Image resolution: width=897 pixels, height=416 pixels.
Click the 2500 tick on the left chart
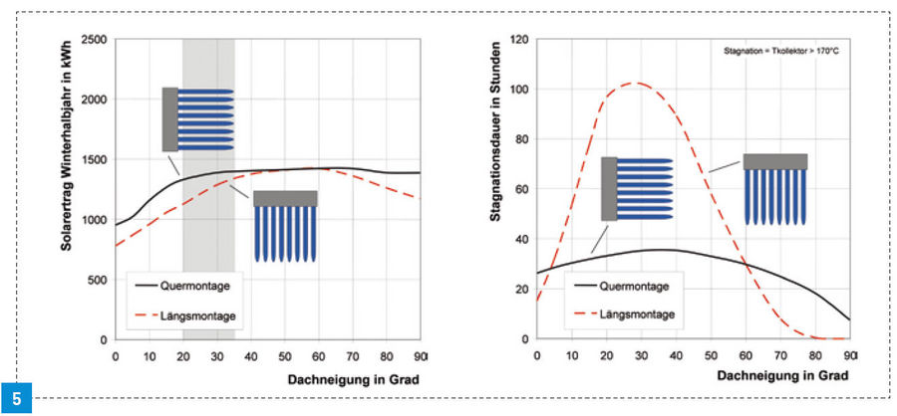[95, 40]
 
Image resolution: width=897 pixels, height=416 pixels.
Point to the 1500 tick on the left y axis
[95, 160]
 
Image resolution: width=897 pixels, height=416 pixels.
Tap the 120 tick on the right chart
[517, 40]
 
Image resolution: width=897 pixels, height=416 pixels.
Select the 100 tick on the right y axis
[517, 90]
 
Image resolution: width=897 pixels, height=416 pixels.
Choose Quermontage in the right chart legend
[635, 287]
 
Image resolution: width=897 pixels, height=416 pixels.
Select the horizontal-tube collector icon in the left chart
[197, 119]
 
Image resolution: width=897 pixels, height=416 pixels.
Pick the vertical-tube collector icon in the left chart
[285, 225]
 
